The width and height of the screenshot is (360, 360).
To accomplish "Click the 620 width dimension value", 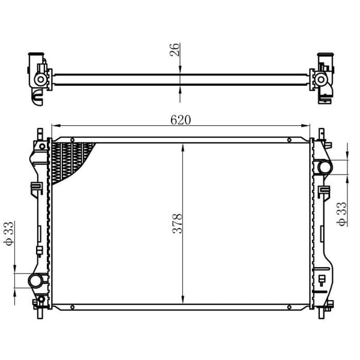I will (180, 119).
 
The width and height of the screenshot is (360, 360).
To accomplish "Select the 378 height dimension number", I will (177, 223).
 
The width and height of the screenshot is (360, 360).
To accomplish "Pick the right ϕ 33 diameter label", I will (343, 214).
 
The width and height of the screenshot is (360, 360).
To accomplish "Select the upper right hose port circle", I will (324, 167).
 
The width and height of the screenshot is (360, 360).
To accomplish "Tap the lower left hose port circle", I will (36, 280).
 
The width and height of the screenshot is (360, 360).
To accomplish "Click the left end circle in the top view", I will (40, 79).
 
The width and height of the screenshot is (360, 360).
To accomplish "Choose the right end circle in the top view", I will (321, 79).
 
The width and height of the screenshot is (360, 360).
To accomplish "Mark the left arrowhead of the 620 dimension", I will (55, 126).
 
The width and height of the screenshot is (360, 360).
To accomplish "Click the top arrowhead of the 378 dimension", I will (182, 145).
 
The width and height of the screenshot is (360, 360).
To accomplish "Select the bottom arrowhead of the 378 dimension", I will (182, 301).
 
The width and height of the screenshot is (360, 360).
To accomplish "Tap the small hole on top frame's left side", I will (72, 140).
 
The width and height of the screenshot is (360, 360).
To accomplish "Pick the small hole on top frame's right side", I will (289, 140).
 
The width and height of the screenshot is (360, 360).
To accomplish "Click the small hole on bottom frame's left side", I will (72, 307).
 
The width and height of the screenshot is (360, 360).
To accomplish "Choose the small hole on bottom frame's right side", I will (289, 307).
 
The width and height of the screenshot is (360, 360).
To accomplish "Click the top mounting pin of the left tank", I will (40, 133).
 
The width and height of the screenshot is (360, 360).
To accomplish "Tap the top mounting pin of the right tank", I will (320, 133).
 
